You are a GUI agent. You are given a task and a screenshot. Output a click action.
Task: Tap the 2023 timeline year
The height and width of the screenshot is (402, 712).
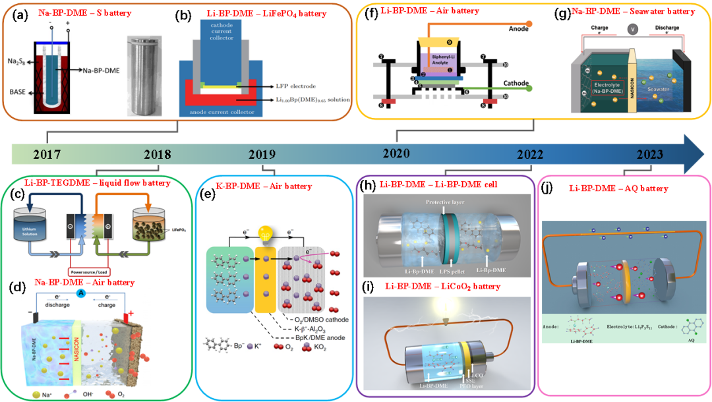click(650, 155)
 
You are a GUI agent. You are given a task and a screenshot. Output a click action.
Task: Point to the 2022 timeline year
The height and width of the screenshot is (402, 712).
click(530, 154)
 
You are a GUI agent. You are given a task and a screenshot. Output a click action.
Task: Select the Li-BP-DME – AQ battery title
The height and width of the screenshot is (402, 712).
click(618, 188)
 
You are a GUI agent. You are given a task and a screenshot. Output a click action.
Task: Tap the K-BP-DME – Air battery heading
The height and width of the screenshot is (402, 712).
click(264, 187)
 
